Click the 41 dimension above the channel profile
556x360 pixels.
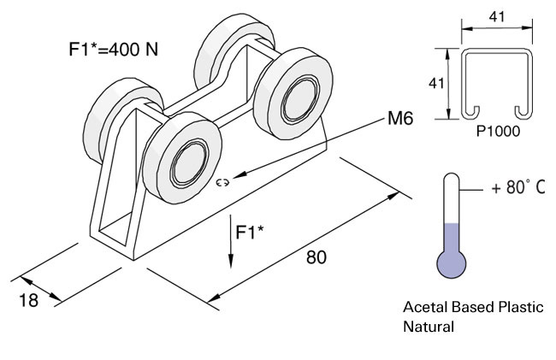coord(495,15)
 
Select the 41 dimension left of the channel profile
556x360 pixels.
coord(435,84)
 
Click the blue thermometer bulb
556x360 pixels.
coord(451,264)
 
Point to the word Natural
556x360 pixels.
coord(428,326)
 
